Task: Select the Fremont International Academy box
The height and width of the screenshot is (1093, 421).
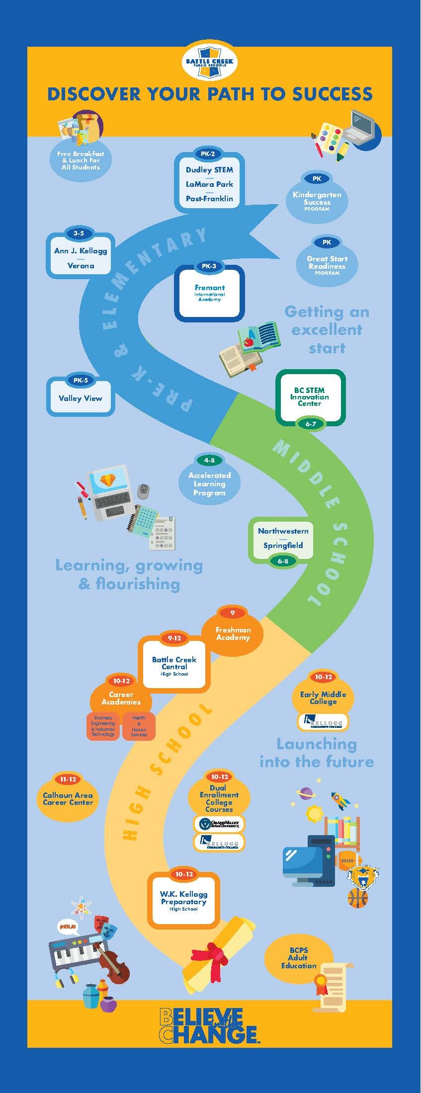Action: [x=210, y=294]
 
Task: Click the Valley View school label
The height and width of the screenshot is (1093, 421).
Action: [x=80, y=398]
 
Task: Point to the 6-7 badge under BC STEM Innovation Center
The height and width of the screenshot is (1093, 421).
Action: [x=311, y=424]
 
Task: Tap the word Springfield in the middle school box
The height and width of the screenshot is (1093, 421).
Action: [x=283, y=545]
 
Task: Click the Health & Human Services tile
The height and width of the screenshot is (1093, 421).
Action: [x=139, y=726]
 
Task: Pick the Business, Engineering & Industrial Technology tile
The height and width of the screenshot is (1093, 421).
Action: [x=103, y=726]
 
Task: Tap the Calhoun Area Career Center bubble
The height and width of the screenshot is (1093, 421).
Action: [x=68, y=798]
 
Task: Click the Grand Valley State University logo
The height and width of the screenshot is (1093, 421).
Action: [x=219, y=824]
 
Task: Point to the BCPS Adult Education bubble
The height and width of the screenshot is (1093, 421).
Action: [x=298, y=957]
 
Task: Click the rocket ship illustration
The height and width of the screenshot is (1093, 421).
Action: [x=341, y=799]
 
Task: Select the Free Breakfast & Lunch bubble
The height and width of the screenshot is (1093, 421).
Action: [x=81, y=160]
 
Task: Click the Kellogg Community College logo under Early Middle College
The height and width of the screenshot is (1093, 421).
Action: [x=323, y=721]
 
